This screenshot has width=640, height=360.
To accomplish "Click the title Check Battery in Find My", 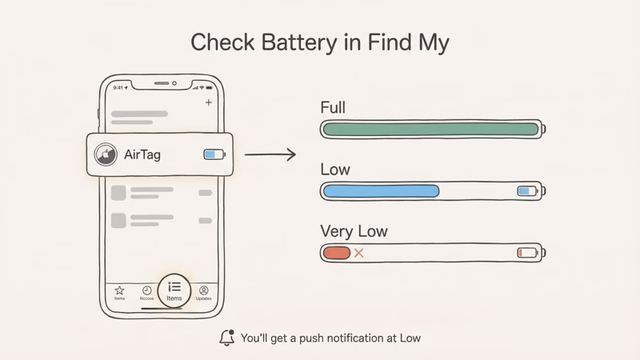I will [x=319, y=42].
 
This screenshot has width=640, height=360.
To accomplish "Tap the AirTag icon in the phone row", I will [x=106, y=154].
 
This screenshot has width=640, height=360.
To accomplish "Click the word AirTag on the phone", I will [x=143, y=154].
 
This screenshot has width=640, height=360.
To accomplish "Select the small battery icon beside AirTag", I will [x=214, y=154].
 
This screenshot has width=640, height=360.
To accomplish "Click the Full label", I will [x=333, y=107].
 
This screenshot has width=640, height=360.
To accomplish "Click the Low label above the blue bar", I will [x=335, y=170].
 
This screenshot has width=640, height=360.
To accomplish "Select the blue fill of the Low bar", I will [x=381, y=191].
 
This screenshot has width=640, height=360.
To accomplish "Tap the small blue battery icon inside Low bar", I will [x=527, y=191].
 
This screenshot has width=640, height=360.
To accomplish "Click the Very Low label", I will [x=354, y=231].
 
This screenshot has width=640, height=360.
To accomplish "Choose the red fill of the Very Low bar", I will [x=336, y=253].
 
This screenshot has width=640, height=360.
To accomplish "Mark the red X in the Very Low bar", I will [x=358, y=253].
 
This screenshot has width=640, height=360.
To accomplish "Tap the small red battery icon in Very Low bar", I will [x=527, y=253].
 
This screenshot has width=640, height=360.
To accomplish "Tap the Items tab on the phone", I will [x=174, y=290].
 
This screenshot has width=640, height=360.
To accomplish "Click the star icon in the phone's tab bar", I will [x=119, y=290].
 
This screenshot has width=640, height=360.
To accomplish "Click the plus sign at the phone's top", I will [x=209, y=102].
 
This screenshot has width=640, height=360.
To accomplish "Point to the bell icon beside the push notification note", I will [x=227, y=338].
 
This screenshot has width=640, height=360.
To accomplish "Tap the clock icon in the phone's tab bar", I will [x=146, y=290].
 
